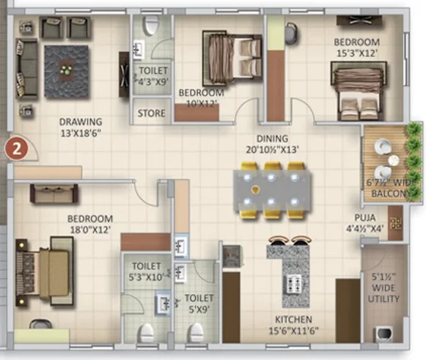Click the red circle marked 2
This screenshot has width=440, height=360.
click(x=17, y=149)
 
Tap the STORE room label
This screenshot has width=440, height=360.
click(x=151, y=113)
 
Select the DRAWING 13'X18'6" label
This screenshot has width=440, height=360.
click(x=81, y=128)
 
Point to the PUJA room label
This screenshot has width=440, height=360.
click(x=364, y=218)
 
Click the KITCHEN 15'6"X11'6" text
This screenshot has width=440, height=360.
click(x=293, y=326)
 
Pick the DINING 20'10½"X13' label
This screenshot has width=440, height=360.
click(x=272, y=144)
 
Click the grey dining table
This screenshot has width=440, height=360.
click(x=272, y=190)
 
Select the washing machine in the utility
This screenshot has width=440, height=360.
click(x=384, y=334)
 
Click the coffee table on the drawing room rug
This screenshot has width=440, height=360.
click(x=67, y=70)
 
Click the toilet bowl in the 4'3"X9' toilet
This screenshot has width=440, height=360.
click(x=152, y=25)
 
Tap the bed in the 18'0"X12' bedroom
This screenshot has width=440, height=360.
click(x=45, y=272)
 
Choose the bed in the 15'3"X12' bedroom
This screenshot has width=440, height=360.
click(x=359, y=91)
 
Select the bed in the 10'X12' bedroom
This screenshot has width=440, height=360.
click(x=232, y=58)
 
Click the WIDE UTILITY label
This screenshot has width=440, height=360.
click(x=384, y=293)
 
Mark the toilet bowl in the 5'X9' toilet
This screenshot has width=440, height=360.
click(x=195, y=332)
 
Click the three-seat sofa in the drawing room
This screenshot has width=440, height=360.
click(x=26, y=69)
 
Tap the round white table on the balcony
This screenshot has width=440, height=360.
click(x=393, y=161)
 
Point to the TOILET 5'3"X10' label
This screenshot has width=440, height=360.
click(x=147, y=271)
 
